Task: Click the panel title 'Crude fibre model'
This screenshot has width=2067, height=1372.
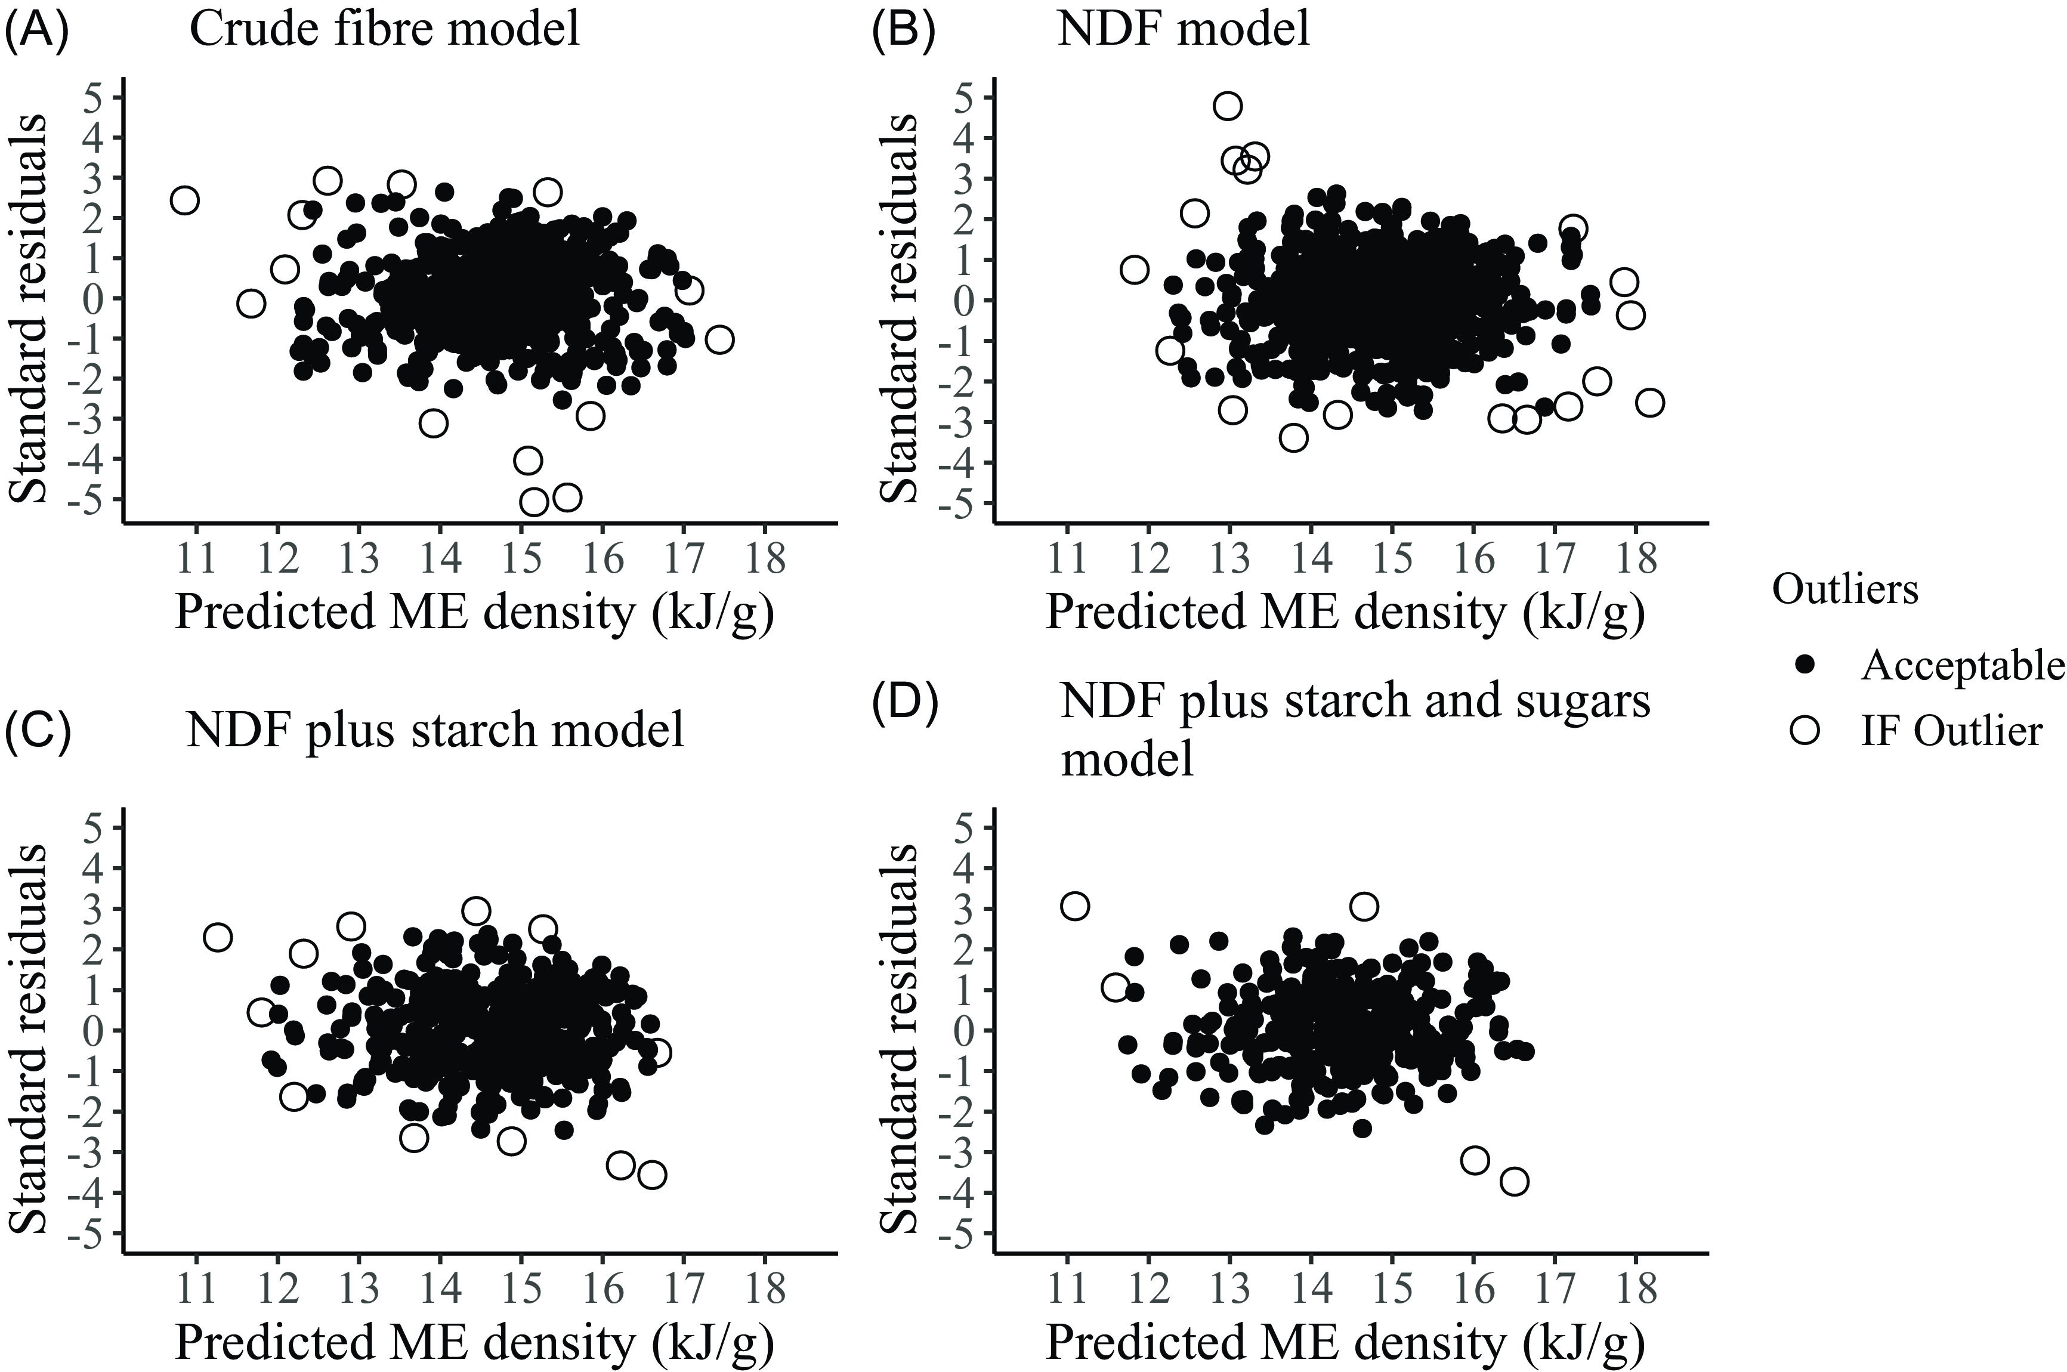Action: click(x=384, y=29)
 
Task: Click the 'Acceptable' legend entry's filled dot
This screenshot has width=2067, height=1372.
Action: click(x=1805, y=667)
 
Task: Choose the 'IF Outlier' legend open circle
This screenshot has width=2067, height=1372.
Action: click(x=1805, y=730)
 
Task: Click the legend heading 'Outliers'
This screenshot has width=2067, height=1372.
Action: click(x=1844, y=590)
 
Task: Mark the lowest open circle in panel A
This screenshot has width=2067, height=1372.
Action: click(x=534, y=502)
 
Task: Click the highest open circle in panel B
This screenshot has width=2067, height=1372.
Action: click(x=1228, y=106)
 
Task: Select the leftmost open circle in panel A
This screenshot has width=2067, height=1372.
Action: click(x=185, y=199)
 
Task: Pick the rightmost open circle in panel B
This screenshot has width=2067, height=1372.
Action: click(x=1649, y=403)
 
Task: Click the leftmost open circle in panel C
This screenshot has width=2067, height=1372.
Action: click(x=217, y=937)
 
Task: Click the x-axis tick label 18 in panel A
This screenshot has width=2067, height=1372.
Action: click(x=765, y=558)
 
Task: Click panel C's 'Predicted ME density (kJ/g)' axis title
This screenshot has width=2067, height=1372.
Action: click(x=474, y=1344)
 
